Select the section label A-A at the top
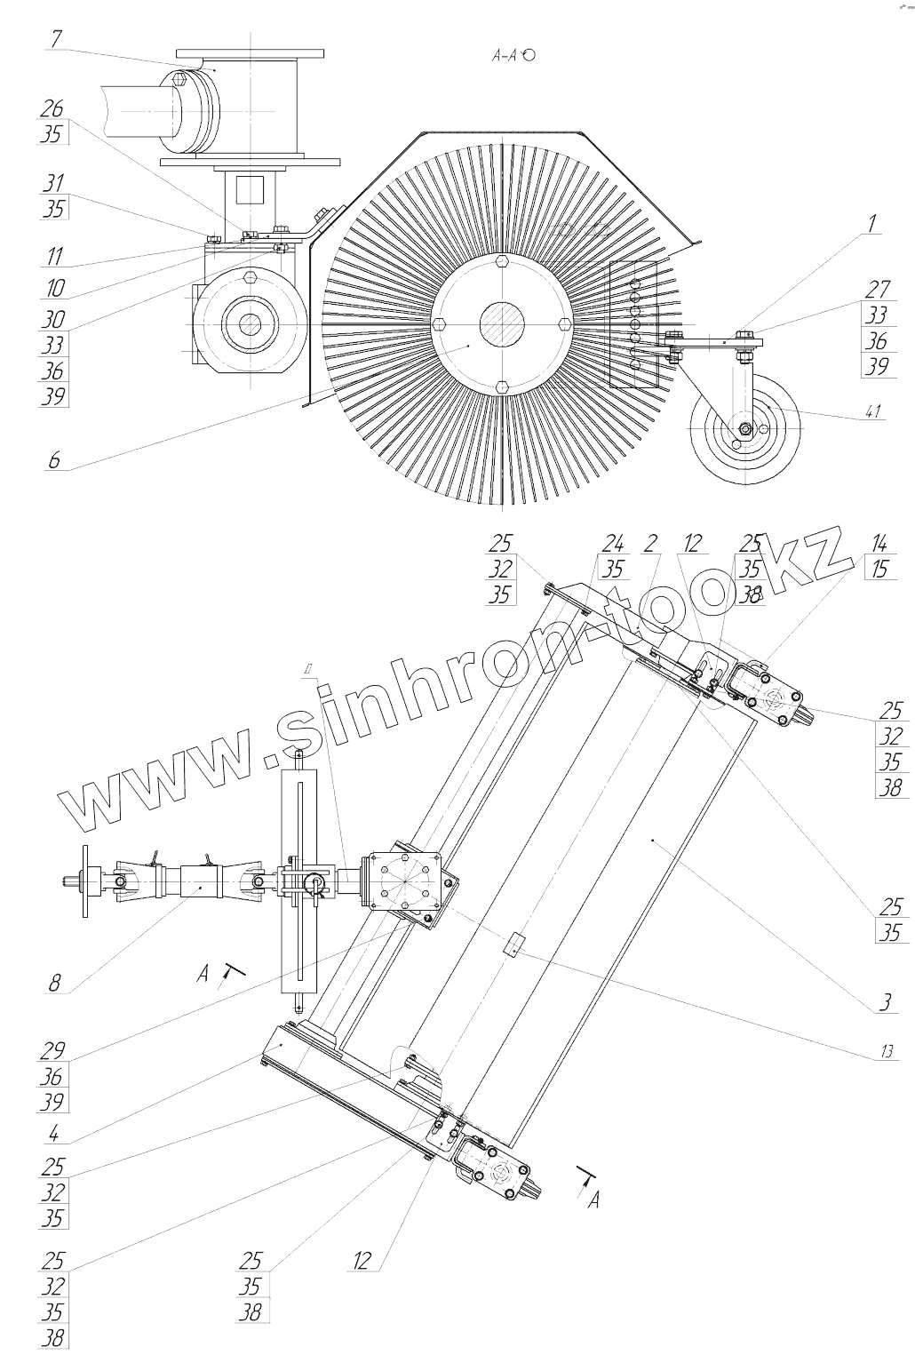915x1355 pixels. [x=507, y=55]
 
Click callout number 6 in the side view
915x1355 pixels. [x=54, y=461]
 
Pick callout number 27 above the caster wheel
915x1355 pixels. [x=878, y=288]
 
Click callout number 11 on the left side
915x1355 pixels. [x=54, y=258]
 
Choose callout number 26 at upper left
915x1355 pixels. [x=52, y=108]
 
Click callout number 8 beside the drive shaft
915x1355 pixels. [x=55, y=983]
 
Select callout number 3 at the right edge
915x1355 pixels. [x=885, y=1004]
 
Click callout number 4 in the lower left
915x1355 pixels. [x=54, y=1133]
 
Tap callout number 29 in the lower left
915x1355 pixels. [x=52, y=1050]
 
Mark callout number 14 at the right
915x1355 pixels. [x=879, y=544]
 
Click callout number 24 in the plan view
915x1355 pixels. [x=613, y=544]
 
